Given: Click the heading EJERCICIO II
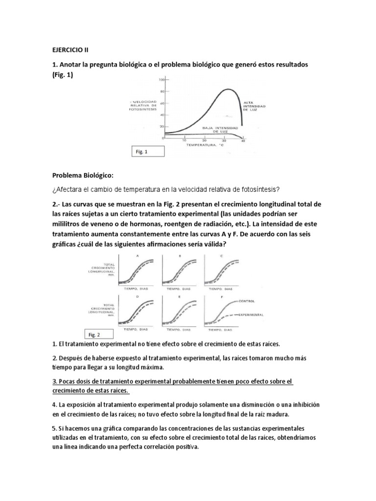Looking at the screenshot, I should point(70,49).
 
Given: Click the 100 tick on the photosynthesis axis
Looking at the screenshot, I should point(161,79).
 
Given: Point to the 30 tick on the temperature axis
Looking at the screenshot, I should point(224,140).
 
